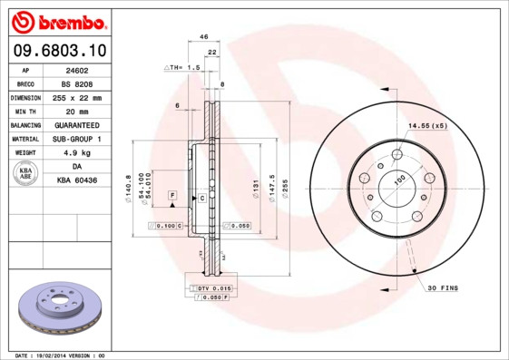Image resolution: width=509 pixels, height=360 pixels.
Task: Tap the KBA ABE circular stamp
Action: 26,174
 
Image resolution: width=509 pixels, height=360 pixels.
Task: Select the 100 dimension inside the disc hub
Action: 398,181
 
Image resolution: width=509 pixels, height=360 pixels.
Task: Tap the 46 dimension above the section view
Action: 204,37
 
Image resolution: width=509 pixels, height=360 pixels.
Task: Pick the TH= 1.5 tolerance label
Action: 181,68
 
